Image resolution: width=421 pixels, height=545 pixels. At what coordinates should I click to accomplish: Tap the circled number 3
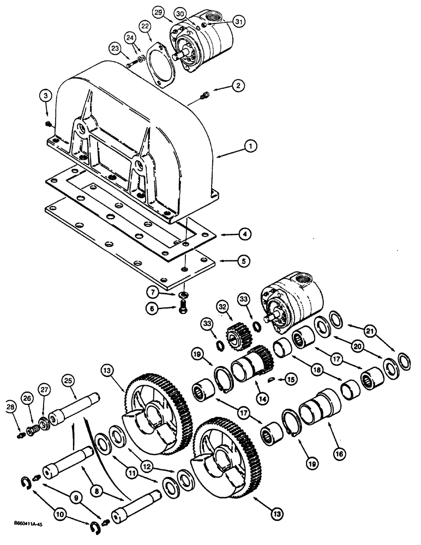point(46,97)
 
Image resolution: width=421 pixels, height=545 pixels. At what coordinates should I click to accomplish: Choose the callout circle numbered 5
point(244,262)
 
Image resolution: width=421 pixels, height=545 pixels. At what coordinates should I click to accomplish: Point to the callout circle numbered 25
point(68,380)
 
